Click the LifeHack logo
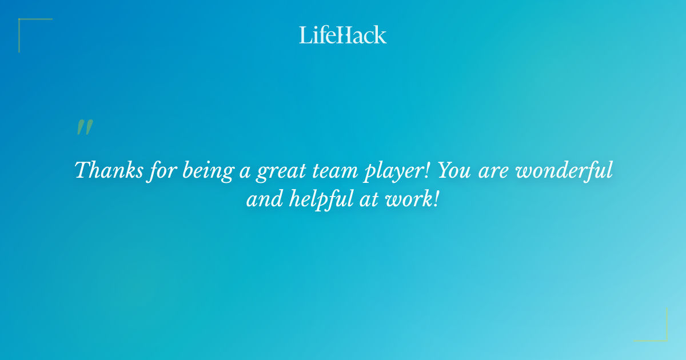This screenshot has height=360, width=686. click(343, 35)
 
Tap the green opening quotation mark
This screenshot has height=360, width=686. click(84, 127)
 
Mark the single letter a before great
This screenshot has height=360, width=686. click(244, 173)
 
